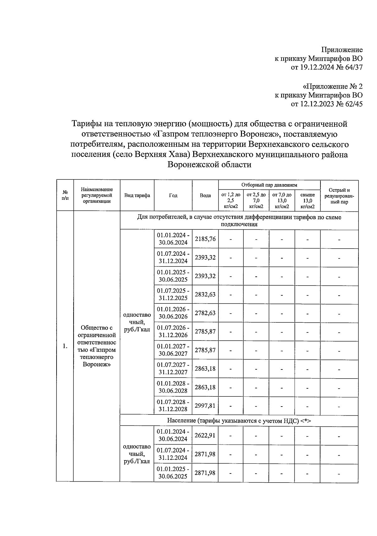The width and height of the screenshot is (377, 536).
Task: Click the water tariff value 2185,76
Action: tap(205, 239)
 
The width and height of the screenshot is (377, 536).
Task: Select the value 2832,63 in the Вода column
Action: tap(205, 294)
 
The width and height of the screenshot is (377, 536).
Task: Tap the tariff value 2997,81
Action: tap(205, 406)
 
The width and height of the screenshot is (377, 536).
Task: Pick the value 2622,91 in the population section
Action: tap(205, 435)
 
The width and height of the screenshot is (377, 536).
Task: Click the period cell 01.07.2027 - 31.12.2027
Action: tap(173, 369)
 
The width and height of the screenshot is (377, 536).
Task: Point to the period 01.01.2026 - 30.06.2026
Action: tap(173, 313)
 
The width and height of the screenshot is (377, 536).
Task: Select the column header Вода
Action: tap(205, 195)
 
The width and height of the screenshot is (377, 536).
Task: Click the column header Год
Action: tap(173, 195)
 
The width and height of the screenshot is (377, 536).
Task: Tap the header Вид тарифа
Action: tap(137, 195)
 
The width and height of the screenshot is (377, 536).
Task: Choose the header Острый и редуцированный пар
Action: tap(339, 196)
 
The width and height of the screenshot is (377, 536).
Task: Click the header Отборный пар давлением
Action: tap(269, 185)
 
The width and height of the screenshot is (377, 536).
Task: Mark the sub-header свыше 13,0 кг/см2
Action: tap(307, 201)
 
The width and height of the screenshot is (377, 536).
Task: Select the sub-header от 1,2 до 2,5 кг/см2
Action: tap(231, 201)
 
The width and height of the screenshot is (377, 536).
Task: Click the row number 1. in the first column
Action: tap(65, 346)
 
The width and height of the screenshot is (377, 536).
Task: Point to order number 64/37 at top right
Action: tap(352, 67)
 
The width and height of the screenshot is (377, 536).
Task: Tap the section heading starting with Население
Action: tap(239, 421)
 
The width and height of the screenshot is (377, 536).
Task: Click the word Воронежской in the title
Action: tap(192, 165)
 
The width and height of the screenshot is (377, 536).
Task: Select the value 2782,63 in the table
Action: tap(205, 313)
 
